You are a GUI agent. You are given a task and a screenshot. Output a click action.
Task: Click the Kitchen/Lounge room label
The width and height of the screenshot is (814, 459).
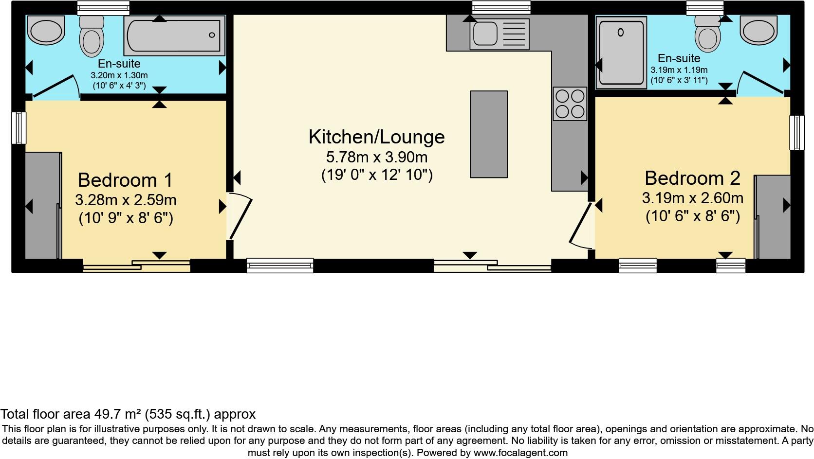(376, 137)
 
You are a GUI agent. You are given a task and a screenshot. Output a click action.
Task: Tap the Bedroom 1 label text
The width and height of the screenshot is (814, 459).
(125, 180)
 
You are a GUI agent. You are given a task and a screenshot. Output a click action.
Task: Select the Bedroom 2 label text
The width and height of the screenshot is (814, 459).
(692, 178)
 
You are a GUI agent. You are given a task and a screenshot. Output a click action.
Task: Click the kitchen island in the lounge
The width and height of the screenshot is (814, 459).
(488, 134)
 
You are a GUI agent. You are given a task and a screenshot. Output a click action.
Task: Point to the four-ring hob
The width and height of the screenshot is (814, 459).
(570, 104)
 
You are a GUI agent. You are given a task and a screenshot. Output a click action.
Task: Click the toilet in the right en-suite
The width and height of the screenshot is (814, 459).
(707, 34)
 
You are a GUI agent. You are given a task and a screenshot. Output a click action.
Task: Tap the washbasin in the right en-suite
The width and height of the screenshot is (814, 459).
(758, 29)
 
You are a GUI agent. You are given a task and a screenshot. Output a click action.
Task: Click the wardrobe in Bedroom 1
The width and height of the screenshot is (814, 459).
(43, 206)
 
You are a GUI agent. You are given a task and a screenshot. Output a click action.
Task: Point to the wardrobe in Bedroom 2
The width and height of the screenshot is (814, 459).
(773, 216)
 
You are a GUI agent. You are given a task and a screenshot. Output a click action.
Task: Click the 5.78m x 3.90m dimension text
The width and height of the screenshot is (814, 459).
(376, 158)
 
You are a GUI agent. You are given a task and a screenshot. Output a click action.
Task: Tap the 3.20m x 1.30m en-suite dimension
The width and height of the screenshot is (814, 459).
(119, 76)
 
